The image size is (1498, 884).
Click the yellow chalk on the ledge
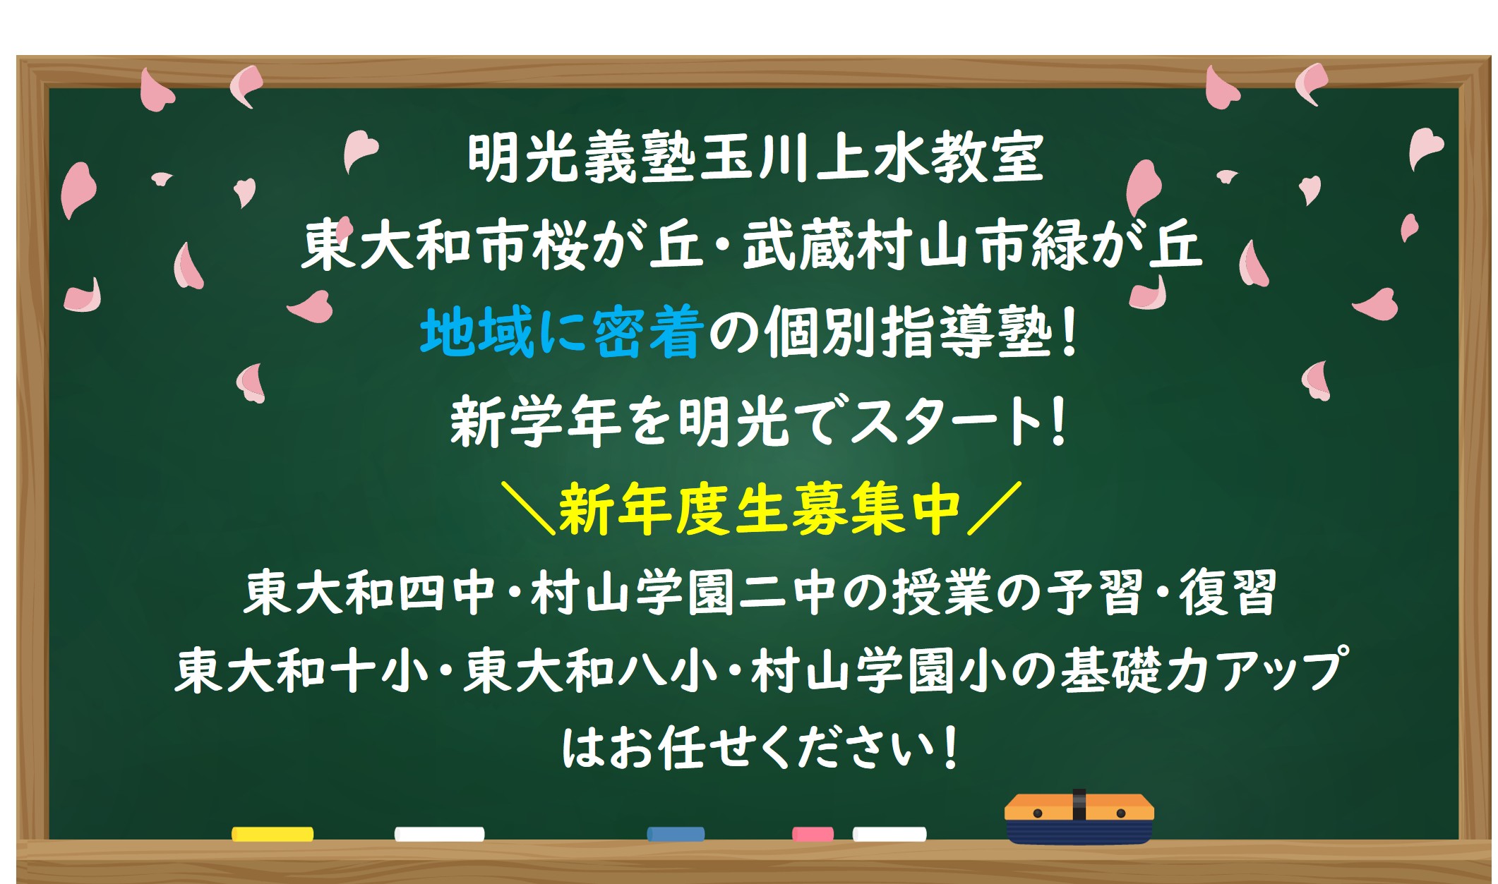[272, 834]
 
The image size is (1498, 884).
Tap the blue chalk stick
[676, 834]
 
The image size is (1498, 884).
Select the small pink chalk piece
[813, 834]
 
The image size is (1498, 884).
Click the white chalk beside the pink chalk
[889, 834]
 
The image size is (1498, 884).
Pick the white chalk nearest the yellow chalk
[439, 834]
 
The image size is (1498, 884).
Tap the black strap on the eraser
[1079, 805]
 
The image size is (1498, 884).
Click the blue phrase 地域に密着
[561, 333]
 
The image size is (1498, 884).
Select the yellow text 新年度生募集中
[760, 509]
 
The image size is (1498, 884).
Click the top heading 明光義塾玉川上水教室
[755, 158]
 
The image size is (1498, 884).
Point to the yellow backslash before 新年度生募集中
[527, 508]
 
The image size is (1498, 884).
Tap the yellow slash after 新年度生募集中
[995, 508]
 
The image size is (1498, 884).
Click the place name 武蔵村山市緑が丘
[972, 246]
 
